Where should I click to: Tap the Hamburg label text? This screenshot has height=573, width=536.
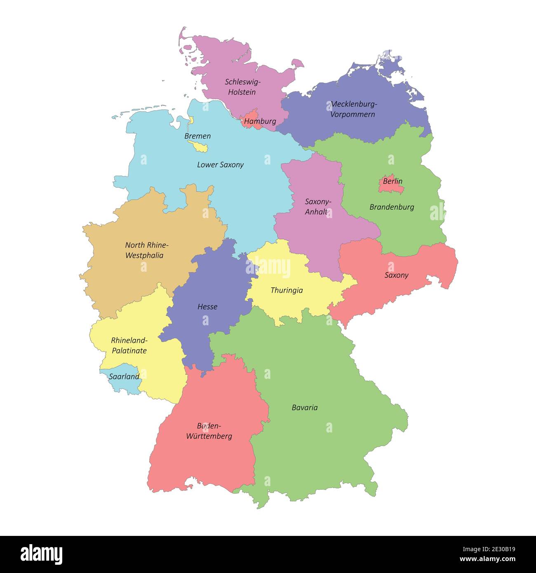coord(260,122)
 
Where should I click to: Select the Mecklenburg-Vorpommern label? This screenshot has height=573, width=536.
coord(353,109)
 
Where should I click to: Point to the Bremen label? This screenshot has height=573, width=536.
coord(197,136)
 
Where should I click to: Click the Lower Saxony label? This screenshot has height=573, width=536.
coord(220,165)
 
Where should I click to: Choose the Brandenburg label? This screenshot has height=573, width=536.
coord(392,207)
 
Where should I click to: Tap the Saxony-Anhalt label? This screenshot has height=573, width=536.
coord(317,207)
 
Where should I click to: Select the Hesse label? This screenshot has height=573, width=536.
coord(207,307)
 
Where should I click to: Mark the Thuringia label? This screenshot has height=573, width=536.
coord(287,291)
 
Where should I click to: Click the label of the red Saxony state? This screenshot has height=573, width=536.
coord(396,275)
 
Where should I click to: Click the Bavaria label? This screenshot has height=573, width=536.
coord(305,408)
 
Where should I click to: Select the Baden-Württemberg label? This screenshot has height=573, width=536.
coord(209,431)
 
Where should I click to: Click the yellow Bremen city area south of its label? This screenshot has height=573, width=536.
coord(198,146)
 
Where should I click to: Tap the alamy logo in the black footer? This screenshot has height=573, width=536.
coord(42,554)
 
